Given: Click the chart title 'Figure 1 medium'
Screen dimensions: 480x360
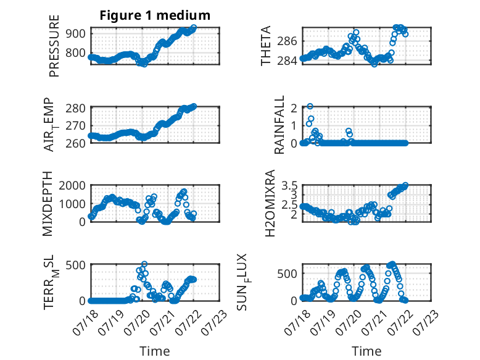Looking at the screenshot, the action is click(x=155, y=15).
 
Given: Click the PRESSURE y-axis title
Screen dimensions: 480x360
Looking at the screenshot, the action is click(x=54, y=46).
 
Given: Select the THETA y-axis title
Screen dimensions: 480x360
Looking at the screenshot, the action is click(x=266, y=46).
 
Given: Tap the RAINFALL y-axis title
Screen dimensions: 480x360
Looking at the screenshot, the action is click(x=279, y=125).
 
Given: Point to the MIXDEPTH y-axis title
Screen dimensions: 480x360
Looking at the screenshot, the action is click(x=48, y=204).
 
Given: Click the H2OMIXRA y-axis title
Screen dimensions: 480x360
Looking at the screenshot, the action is click(x=270, y=203).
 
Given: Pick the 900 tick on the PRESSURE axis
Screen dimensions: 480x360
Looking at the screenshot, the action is click(x=75, y=33).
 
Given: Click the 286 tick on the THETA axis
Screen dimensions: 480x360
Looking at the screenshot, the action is click(x=287, y=41).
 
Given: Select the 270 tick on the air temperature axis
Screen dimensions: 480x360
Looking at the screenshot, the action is click(x=75, y=125).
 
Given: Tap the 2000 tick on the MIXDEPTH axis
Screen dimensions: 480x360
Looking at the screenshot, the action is click(x=72, y=185).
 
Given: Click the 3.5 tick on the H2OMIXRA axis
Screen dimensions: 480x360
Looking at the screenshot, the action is click(x=289, y=185).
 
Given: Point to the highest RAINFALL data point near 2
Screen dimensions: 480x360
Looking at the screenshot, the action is click(x=310, y=106).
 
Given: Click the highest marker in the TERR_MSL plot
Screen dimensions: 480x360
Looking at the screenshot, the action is click(x=144, y=264).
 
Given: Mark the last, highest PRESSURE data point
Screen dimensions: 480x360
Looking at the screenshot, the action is click(x=194, y=27).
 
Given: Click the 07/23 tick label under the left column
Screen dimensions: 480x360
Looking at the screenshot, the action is click(x=214, y=322).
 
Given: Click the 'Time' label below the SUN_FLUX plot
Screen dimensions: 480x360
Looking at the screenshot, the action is click(x=366, y=351).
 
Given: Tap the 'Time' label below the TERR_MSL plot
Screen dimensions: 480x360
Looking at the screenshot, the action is click(x=155, y=351).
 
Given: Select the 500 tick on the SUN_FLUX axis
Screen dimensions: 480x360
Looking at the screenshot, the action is click(x=287, y=274).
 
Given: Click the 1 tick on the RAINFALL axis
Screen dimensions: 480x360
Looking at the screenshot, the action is click(x=294, y=125).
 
